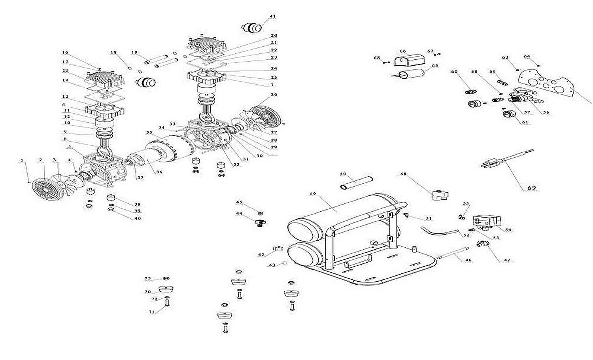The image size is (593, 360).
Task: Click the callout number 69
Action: point(532,187)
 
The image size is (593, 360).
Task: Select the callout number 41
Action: point(272,16)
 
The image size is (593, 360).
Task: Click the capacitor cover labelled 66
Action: point(410,61)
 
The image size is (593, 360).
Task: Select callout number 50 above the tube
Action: point(343,174)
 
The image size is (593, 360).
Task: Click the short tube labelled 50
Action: point(357,182)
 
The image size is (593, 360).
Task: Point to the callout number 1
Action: point(22,160)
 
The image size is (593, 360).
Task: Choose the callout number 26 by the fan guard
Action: point(274,95)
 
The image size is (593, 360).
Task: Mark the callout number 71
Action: point(151,312)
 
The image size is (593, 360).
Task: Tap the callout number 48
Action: point(403,174)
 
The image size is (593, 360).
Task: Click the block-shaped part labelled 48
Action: point(440,195)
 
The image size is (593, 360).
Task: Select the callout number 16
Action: point(65,52)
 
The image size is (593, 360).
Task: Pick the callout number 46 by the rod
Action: point(468,260)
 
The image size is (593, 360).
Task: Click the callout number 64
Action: point(527,56)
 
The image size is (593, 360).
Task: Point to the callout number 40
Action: point(137,218)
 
